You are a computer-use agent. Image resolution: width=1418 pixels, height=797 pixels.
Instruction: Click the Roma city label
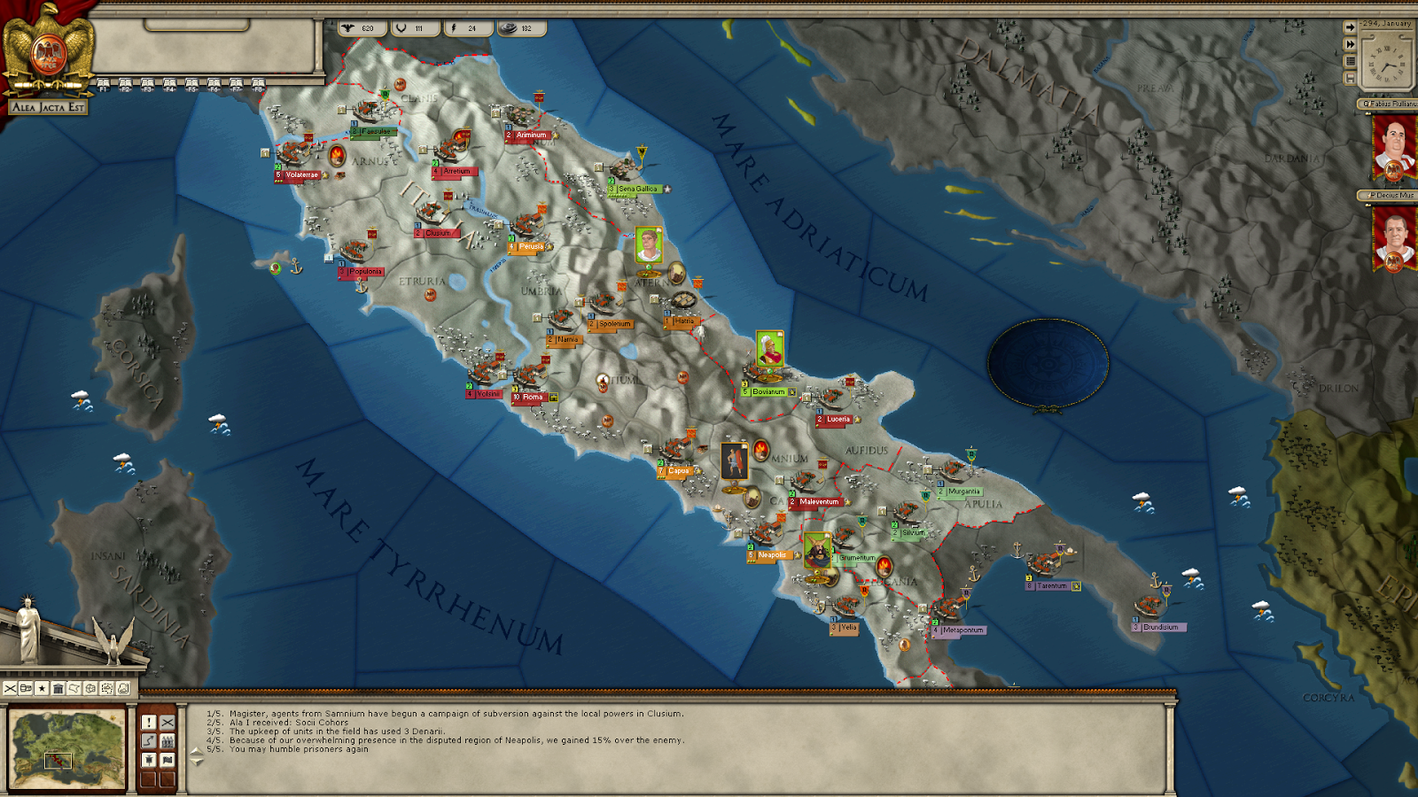pyautogui.click(x=532, y=398)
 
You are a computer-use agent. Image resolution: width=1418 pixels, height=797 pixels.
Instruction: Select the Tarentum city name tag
pyautogui.click(x=1052, y=586)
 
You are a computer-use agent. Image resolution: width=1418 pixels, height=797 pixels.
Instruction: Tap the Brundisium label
pyautogui.click(x=1160, y=627)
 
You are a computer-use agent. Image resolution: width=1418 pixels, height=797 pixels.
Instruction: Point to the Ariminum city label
pyautogui.click(x=531, y=135)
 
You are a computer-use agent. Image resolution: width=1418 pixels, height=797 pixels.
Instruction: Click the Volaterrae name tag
pyautogui.click(x=301, y=175)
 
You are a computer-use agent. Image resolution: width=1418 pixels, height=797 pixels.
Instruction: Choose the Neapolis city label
pyautogui.click(x=771, y=555)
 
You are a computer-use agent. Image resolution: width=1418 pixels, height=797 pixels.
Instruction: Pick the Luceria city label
pyautogui.click(x=838, y=420)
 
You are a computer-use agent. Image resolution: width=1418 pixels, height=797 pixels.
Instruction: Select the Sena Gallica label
pyautogui.click(x=638, y=190)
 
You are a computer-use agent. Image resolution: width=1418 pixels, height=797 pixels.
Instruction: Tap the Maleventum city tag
pyautogui.click(x=818, y=502)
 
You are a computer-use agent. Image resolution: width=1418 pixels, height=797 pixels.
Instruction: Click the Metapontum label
pyautogui.click(x=962, y=631)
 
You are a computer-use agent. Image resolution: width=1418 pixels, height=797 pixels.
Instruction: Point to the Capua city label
pyautogui.click(x=678, y=471)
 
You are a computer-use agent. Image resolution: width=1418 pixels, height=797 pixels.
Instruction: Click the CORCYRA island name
pyautogui.click(x=1328, y=698)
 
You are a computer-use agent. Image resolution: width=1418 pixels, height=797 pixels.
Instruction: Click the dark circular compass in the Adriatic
pyautogui.click(x=1048, y=363)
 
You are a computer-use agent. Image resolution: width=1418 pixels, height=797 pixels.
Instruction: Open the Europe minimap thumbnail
pyautogui.click(x=66, y=748)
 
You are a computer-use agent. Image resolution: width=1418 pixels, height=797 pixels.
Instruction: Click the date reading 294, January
pyautogui.click(x=1387, y=24)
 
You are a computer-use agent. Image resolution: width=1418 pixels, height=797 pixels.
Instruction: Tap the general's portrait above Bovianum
pyautogui.click(x=769, y=349)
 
